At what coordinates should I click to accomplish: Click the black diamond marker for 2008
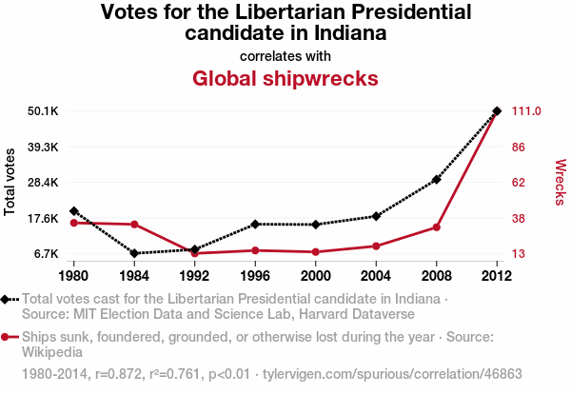coord(437,179)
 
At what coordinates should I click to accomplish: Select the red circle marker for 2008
coord(437,227)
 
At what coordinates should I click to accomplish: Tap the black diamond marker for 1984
coord(134,253)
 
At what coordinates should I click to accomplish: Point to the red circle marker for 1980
coord(74,223)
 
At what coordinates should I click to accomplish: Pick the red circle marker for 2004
coord(376,246)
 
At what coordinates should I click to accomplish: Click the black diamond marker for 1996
coord(255,224)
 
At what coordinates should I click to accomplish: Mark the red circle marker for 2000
coord(316,252)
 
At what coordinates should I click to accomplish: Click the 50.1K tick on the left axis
coord(44,111)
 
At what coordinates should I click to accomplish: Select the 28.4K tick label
coord(44,183)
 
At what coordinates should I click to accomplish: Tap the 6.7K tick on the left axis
coord(47,254)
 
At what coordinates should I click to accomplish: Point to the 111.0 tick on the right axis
coord(527,111)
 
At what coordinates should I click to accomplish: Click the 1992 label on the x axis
coord(195,277)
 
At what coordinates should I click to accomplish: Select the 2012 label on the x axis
coord(497,277)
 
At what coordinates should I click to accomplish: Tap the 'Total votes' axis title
coord(10,182)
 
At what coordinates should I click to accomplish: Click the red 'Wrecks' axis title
coord(561,182)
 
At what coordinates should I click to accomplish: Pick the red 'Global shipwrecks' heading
coord(285,77)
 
